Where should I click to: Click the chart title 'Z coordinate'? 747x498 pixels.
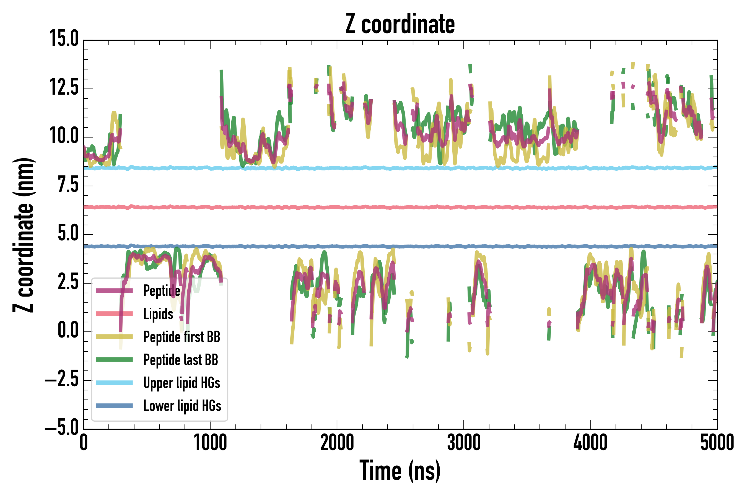(400, 24)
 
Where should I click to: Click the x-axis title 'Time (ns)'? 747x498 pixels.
(400, 471)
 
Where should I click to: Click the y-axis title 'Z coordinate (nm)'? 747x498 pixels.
(24, 235)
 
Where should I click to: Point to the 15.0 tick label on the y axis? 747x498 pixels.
(64, 39)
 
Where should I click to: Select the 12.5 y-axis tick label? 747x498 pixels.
(64, 88)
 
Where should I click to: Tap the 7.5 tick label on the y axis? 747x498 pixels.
(68, 185)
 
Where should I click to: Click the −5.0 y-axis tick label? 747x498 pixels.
(62, 429)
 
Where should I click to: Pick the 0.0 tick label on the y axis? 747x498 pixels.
(68, 331)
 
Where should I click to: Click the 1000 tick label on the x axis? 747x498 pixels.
(210, 443)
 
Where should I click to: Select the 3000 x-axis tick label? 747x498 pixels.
(464, 443)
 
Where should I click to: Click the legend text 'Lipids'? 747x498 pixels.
(158, 314)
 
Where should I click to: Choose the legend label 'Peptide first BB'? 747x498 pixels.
(182, 337)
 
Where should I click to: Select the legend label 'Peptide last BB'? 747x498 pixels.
(181, 360)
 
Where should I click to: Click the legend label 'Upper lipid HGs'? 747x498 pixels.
(182, 383)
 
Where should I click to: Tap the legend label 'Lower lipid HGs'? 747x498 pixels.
(182, 406)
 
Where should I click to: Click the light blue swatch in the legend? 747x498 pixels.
(114, 383)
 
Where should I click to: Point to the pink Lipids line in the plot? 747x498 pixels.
(413, 207)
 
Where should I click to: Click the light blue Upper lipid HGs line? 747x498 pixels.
(413, 168)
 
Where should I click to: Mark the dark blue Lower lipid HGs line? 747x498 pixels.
(413, 247)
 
